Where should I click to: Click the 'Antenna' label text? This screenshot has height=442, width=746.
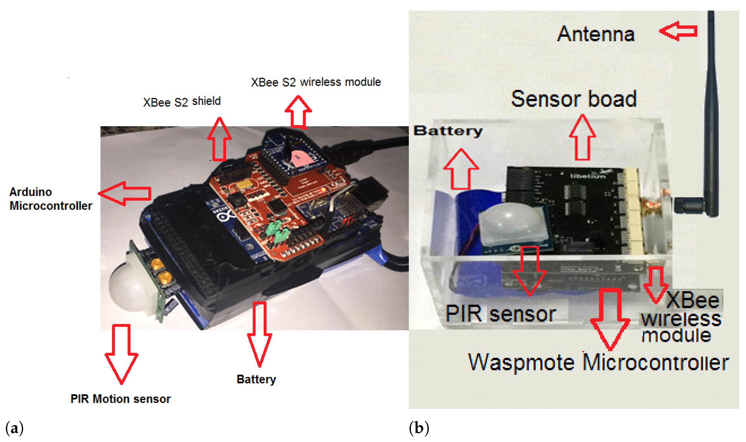(595, 34)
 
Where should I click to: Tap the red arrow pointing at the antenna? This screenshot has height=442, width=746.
(678, 31)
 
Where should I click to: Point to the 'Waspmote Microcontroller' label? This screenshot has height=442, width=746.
(599, 362)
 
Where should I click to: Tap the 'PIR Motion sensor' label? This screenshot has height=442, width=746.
(121, 399)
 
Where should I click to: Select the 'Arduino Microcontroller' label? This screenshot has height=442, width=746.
(51, 199)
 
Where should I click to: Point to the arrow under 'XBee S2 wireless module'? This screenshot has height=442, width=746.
(298, 112)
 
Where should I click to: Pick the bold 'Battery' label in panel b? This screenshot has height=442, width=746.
(448, 131)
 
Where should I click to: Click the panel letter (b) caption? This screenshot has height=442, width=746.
(419, 428)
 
